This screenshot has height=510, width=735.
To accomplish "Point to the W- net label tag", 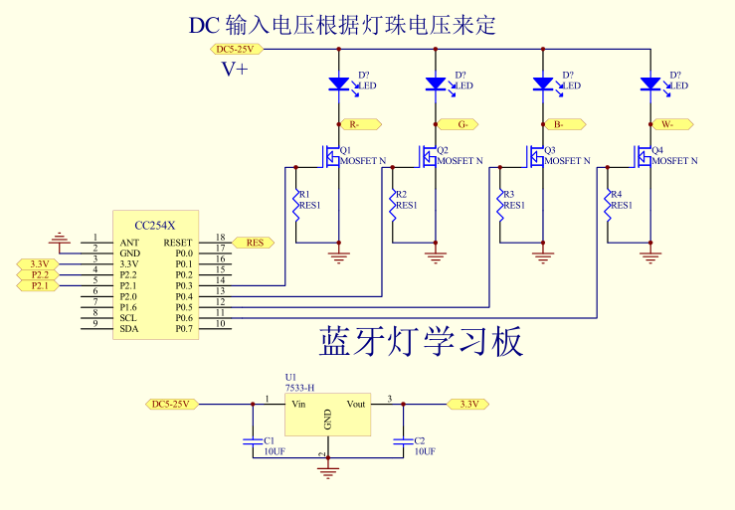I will click(x=672, y=124).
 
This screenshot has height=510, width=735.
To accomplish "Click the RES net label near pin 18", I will click(x=254, y=242).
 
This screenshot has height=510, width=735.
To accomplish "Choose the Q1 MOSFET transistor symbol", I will click(x=331, y=156).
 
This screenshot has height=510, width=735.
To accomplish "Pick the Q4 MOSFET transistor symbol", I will click(x=644, y=156).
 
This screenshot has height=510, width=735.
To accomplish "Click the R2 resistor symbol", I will click(x=393, y=206).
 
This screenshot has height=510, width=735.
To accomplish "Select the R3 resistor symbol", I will click(x=500, y=206).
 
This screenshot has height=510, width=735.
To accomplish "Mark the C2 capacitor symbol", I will click(x=403, y=439).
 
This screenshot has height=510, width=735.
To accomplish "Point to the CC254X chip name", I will click(x=154, y=226).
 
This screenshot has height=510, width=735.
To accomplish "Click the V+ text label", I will click(x=235, y=69).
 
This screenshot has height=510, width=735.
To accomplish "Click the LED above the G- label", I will click(x=436, y=85).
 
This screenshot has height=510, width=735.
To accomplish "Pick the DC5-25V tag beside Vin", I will click(x=172, y=404).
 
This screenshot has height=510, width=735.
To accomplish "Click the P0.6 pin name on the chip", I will click(x=183, y=317).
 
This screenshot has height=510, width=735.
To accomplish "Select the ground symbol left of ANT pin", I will click(x=60, y=238).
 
